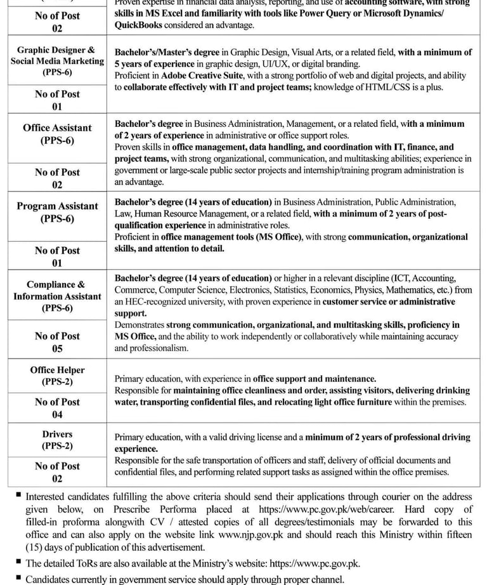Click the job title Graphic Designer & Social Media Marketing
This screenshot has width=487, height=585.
tap(57, 61)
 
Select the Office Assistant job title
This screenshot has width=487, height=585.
tap(57, 134)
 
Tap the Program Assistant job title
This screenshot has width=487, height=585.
tap(57, 212)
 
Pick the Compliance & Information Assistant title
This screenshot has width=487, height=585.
tap(57, 296)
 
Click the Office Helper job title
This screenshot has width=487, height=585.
tap(57, 376)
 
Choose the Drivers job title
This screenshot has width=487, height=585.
tap(57, 440)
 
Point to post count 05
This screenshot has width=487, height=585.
tap(57, 348)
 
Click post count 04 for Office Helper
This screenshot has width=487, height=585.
tap(57, 414)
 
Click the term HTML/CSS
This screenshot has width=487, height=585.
tap(406, 88)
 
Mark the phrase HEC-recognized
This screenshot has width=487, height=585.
tap(158, 302)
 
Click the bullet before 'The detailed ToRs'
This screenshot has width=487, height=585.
tap(18, 561)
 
